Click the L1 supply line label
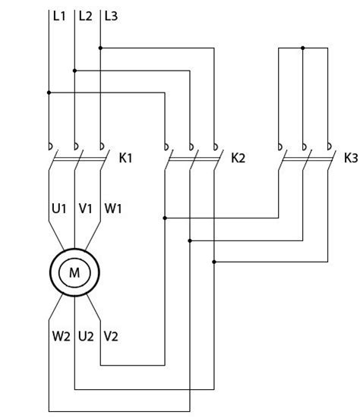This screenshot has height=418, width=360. (x=59, y=16)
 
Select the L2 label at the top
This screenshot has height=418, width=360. (x=85, y=16)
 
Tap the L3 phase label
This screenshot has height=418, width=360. (x=111, y=16)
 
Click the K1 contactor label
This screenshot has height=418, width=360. (x=125, y=158)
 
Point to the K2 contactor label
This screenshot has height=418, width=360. (x=238, y=158)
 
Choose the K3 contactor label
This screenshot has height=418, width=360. (x=351, y=158)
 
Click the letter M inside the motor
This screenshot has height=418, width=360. (x=74, y=272)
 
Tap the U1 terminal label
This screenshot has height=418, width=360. (x=59, y=208)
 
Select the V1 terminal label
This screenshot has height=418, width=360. (x=85, y=208)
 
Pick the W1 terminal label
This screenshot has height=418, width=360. (x=113, y=208)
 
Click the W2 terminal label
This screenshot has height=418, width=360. (x=61, y=336)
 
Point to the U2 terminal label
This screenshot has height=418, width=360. (x=86, y=336)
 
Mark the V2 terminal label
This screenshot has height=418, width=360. (x=111, y=336)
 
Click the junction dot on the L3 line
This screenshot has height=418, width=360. (x=100, y=48)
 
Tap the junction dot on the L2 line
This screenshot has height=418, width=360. (x=74, y=71)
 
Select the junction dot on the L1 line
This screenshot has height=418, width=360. (x=49, y=93)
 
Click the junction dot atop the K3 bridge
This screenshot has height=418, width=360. (x=302, y=48)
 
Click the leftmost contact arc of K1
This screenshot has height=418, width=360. (x=51, y=146)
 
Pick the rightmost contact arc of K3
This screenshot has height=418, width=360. (x=330, y=146)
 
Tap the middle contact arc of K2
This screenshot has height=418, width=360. (x=191, y=146)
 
